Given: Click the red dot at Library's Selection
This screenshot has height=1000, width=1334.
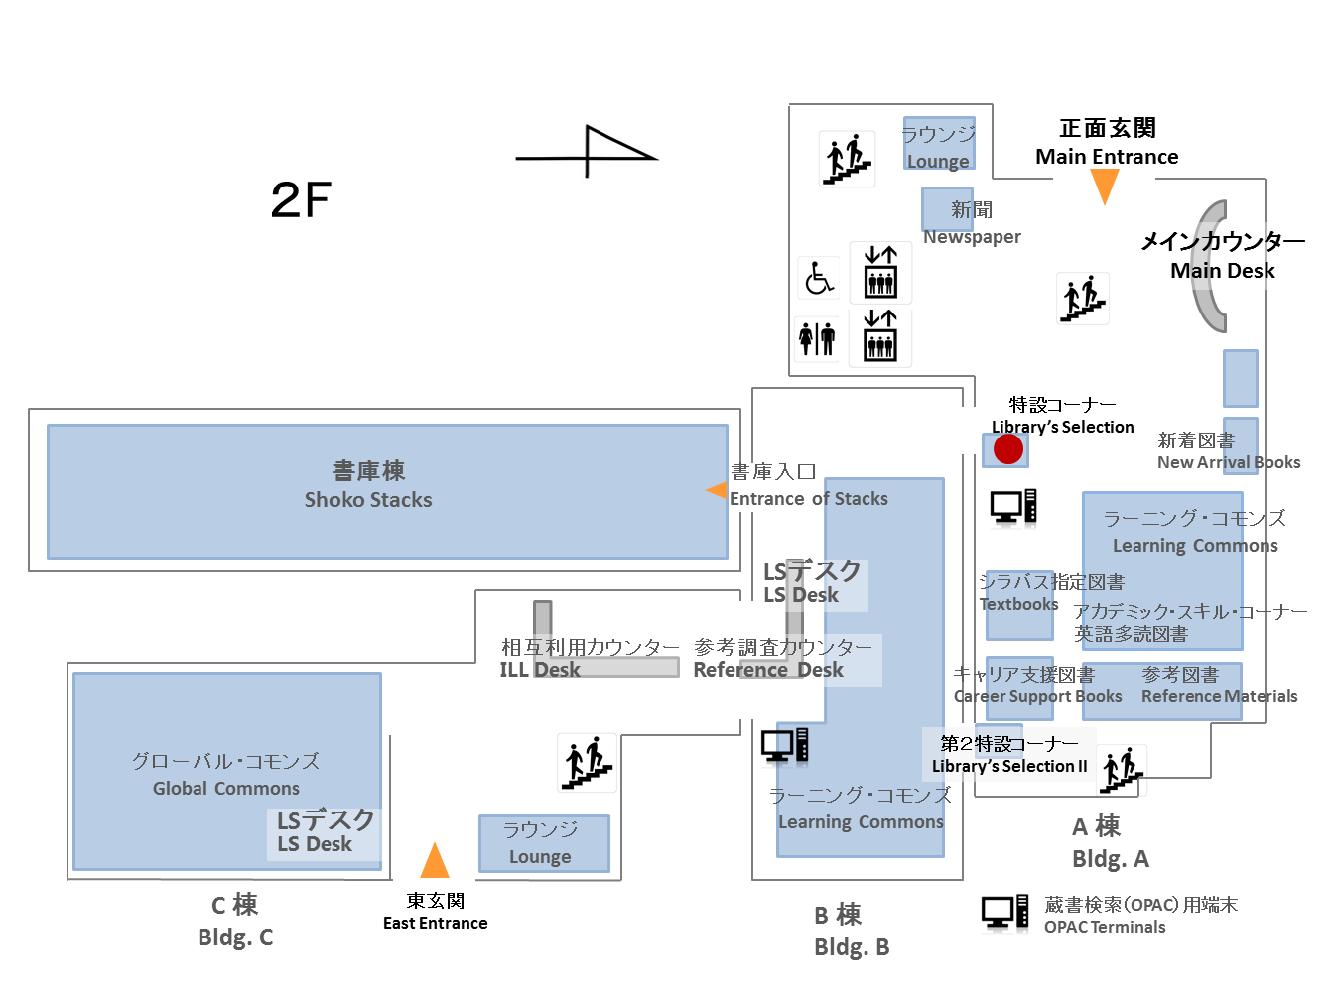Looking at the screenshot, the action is [1007, 448].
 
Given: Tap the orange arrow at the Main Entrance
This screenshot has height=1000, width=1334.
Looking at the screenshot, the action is [1105, 187].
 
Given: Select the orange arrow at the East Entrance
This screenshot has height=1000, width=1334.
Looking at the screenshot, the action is [435, 860].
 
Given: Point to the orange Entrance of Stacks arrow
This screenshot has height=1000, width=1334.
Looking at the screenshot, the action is [716, 489].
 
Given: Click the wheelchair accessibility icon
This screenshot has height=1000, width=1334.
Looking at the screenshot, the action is [819, 278].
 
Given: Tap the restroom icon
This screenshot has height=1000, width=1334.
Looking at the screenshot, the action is [817, 339].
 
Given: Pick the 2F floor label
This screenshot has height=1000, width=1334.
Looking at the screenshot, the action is [301, 199].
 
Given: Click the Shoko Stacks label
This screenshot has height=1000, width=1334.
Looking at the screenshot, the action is [368, 499].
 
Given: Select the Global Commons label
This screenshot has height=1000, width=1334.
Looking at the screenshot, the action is [226, 788].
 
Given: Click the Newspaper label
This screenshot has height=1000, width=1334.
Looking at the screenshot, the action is [972, 237].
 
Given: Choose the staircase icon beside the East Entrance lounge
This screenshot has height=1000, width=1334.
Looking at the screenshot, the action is [587, 763].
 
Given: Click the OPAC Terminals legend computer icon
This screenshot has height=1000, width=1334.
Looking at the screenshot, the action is [1004, 913].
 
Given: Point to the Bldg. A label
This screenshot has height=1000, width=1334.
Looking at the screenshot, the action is [1111, 858].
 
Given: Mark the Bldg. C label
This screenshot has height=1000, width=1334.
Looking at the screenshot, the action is [235, 937].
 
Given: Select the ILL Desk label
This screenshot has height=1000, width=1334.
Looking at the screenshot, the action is [540, 669].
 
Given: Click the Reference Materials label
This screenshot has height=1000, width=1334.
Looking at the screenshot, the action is [1219, 696].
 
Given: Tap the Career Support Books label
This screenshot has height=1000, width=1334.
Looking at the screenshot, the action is [1037, 696].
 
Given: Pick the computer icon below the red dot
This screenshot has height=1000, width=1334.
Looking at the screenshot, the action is [1013, 506].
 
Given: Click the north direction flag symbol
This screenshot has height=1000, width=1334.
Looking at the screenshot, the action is [587, 152].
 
